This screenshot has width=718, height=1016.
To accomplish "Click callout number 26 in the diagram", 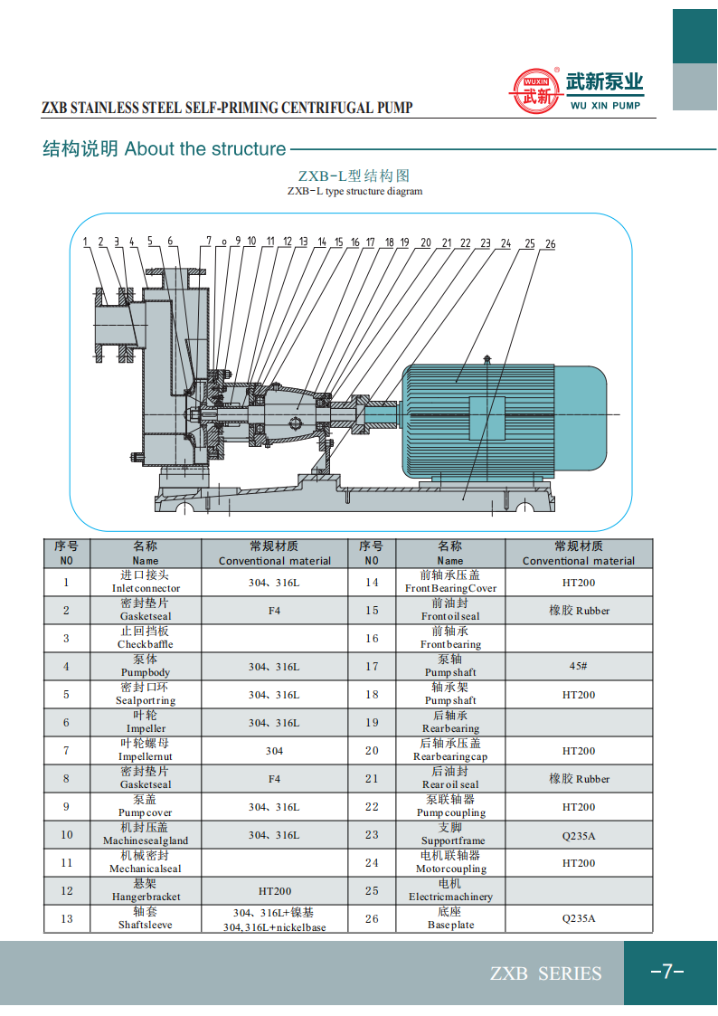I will coord(550,244).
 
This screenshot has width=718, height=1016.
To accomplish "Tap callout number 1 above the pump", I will coord(85,242).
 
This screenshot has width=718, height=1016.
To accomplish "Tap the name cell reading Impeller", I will coord(146,722).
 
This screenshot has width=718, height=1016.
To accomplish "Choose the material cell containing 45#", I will coord(579,667).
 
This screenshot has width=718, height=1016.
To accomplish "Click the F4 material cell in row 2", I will coord(274,611).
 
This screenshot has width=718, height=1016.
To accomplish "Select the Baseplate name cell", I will coord(450,919).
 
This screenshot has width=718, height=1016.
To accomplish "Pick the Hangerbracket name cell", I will coord(146,890).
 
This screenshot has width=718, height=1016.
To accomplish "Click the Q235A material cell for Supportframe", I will coord(579,835).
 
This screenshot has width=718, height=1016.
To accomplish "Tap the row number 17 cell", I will coord(372,667).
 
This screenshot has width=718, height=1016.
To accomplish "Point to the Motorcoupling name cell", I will coord(450,862).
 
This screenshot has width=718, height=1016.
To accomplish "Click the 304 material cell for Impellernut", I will coord(274,751).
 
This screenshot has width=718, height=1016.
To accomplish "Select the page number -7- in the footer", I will coord(667,972).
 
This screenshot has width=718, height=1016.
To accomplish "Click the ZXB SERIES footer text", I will coord(545,973).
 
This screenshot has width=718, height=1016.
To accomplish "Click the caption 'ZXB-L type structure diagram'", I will coord(354,192).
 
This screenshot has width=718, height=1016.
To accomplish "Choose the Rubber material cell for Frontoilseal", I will coord(579,611).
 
